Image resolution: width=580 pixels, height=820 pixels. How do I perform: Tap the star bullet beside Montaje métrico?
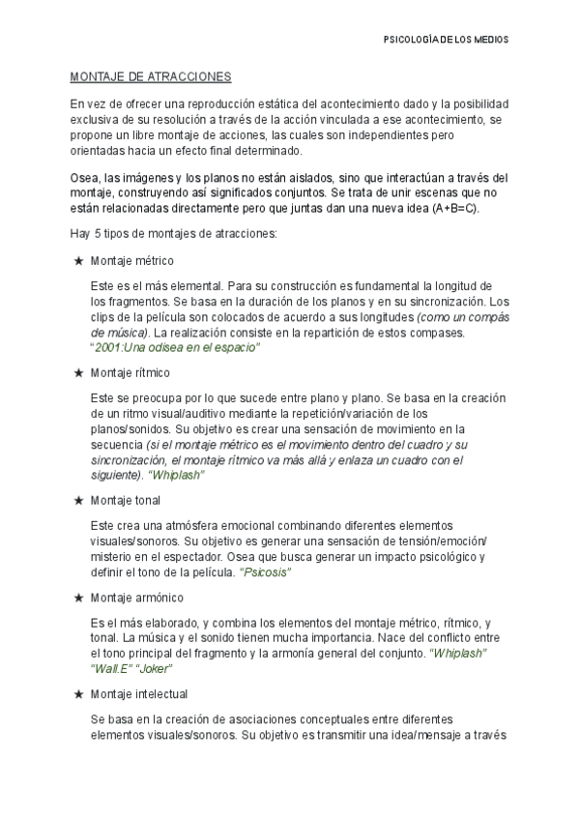click(77, 261)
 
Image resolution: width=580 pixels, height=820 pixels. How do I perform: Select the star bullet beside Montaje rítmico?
click(77, 372)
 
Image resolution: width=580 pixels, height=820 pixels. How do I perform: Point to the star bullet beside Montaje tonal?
click(77, 500)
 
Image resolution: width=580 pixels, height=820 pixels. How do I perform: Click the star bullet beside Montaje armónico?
click(77, 598)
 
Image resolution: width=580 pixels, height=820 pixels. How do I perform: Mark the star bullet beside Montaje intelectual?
click(77, 694)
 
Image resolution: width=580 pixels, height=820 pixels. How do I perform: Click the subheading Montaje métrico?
click(131, 261)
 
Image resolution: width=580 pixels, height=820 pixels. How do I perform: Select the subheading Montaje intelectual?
click(138, 694)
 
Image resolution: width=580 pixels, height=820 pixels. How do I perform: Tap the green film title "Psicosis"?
click(266, 572)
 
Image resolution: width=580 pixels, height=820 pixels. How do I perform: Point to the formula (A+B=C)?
click(457, 209)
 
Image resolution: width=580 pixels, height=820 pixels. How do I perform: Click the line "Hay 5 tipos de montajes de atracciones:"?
click(174, 234)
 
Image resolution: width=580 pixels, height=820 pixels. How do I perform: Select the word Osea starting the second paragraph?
click(85, 178)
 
